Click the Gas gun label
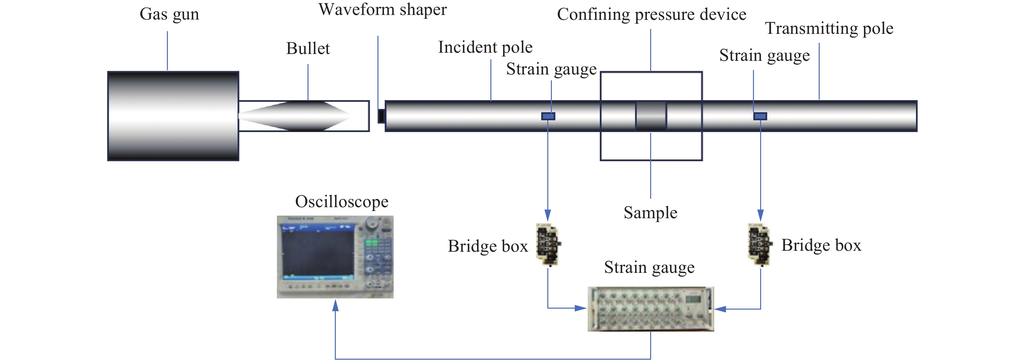pyautogui.click(x=169, y=14)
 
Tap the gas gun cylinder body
pyautogui.click(x=173, y=116)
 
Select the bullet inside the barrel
pyautogui.click(x=294, y=116)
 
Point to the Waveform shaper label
pyautogui.click(x=382, y=9)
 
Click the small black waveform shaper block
pyautogui.click(x=381, y=116)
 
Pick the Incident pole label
pyautogui.click(x=485, y=47)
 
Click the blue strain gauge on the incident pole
pyautogui.click(x=548, y=116)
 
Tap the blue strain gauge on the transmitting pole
pyautogui.click(x=760, y=116)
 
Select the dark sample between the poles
pyautogui.click(x=651, y=116)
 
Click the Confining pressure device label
pyautogui.click(x=651, y=15)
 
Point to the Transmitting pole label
pyautogui.click(x=829, y=29)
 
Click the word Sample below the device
pyautogui.click(x=650, y=213)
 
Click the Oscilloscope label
pyautogui.click(x=341, y=202)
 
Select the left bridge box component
pyautogui.click(x=548, y=244)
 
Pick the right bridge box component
pyautogui.click(x=760, y=244)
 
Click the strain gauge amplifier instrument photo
pyautogui.click(x=650, y=309)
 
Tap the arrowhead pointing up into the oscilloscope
pyautogui.click(x=335, y=305)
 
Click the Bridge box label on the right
pyautogui.click(x=821, y=246)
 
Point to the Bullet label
pyautogui.click(x=308, y=48)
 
